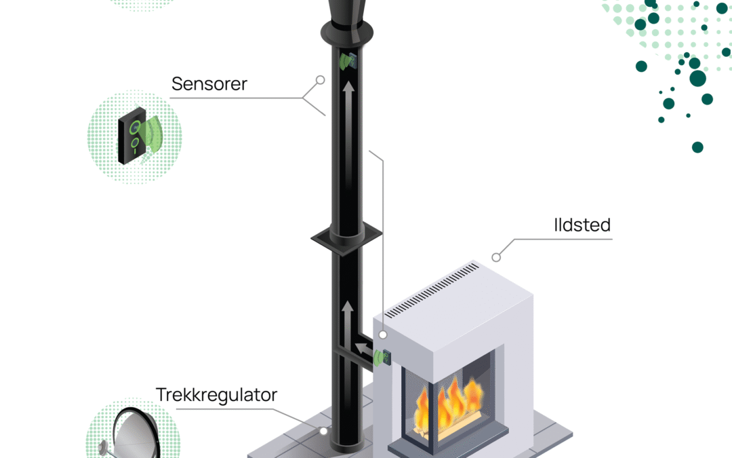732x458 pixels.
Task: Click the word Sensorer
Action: click(x=209, y=83)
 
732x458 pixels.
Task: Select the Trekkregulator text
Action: click(x=217, y=394)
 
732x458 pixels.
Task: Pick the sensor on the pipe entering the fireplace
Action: click(x=383, y=356)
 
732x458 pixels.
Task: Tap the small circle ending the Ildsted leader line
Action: click(x=496, y=257)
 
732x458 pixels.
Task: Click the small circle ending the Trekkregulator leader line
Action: click(x=323, y=430)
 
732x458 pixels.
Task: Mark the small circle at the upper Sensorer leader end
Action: click(x=321, y=79)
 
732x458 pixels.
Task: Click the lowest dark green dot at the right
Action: click(x=697, y=147)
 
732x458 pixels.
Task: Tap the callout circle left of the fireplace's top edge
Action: click(x=383, y=335)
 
